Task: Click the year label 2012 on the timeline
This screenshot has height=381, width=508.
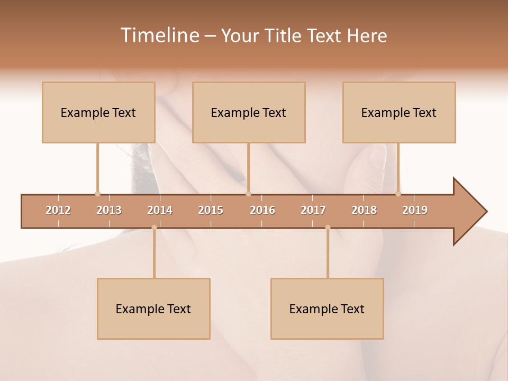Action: (58, 210)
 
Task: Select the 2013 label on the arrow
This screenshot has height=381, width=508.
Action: (109, 210)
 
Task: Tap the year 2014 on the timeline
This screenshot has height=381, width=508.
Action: (160, 210)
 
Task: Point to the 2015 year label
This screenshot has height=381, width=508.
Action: (211, 210)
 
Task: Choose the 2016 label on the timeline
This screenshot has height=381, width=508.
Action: (262, 210)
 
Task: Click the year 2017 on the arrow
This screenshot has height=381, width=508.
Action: (313, 210)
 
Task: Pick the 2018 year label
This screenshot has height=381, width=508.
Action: (364, 210)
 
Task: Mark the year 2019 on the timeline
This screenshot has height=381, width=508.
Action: (415, 210)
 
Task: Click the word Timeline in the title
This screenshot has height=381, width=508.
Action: (159, 35)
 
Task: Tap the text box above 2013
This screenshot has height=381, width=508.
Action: (98, 112)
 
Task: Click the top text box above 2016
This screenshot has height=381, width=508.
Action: (249, 112)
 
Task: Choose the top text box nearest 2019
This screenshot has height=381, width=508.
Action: (399, 112)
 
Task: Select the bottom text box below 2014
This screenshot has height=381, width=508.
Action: (153, 309)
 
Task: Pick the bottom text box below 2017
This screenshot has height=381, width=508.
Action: (327, 309)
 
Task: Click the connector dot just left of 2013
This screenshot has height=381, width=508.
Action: (97, 194)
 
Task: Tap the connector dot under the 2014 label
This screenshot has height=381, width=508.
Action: (154, 228)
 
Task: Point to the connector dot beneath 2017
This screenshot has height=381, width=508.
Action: (328, 228)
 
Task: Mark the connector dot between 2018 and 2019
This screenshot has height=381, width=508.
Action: (398, 194)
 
